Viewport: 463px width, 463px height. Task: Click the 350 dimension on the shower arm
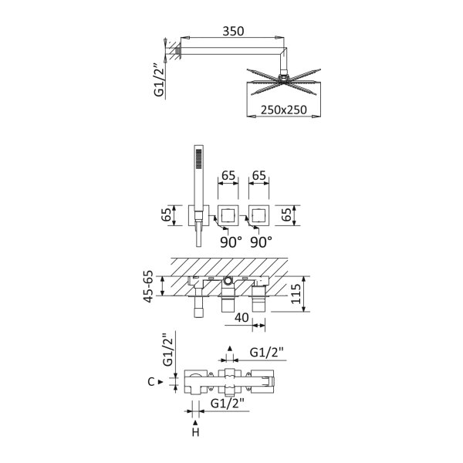pyautogui.click(x=233, y=31)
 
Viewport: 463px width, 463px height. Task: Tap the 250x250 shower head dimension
pyautogui.click(x=284, y=110)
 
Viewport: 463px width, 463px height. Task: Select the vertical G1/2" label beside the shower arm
pyautogui.click(x=159, y=79)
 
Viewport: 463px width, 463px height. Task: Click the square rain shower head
pyautogui.click(x=284, y=82)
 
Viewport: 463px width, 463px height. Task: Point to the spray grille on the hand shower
pyautogui.click(x=199, y=159)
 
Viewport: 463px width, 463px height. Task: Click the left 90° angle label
pyautogui.click(x=231, y=242)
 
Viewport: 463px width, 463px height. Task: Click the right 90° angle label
pyautogui.click(x=262, y=242)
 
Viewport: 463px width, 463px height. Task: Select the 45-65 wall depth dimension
pyautogui.click(x=148, y=286)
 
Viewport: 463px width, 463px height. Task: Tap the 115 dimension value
pyautogui.click(x=296, y=294)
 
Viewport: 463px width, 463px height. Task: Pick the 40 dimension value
pyautogui.click(x=242, y=318)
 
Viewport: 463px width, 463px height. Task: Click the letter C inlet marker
pyautogui.click(x=151, y=382)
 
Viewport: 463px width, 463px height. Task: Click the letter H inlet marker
pyautogui.click(x=195, y=433)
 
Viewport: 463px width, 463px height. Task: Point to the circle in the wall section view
pyautogui.click(x=228, y=281)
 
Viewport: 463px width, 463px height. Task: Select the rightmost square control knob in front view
pyautogui.click(x=259, y=215)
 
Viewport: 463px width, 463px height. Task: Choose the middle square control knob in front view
pyautogui.click(x=228, y=215)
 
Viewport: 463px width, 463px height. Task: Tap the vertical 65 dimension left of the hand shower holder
pyautogui.click(x=166, y=215)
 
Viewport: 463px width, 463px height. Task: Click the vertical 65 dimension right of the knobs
pyautogui.click(x=286, y=215)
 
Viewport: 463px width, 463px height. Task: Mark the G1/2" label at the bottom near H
pyautogui.click(x=228, y=404)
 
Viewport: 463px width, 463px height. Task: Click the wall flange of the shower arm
pyautogui.click(x=178, y=51)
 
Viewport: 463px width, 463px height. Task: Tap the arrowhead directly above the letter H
pyautogui.click(x=195, y=423)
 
